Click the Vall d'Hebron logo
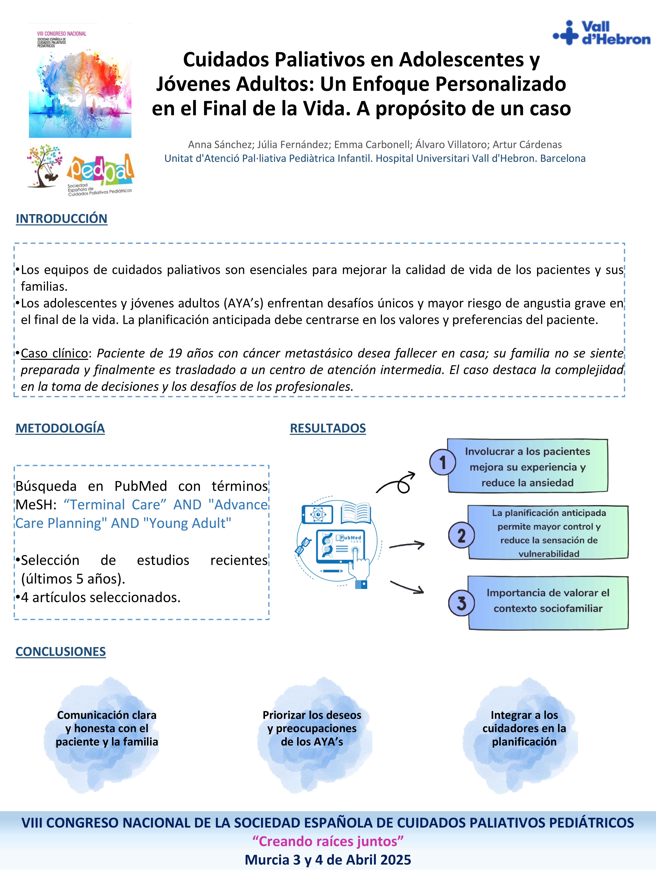601,33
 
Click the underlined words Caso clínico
55,353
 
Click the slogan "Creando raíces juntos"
328,841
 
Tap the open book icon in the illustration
356,513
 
